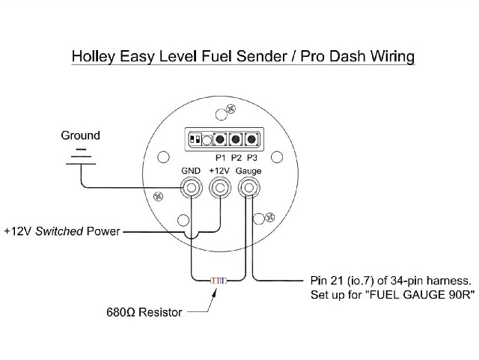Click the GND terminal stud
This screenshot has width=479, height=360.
point(191,188)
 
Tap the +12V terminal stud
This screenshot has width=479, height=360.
point(220,188)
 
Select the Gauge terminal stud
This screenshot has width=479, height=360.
point(249,188)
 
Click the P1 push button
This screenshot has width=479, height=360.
point(219,140)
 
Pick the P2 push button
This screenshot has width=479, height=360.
point(235,140)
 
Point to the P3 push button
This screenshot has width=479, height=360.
point(251,140)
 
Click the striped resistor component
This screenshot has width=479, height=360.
point(219,280)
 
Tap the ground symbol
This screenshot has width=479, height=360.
point(81,156)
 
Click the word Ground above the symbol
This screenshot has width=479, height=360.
point(80,135)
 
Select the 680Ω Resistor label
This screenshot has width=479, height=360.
point(144,312)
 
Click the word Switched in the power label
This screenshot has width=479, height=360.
point(59,231)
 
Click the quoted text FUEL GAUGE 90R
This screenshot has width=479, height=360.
point(421,295)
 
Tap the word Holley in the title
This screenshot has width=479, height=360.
point(94,57)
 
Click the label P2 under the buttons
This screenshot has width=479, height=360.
point(236,158)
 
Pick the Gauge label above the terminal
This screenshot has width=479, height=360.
point(248,171)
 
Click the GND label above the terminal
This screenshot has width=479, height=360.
point(191,171)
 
